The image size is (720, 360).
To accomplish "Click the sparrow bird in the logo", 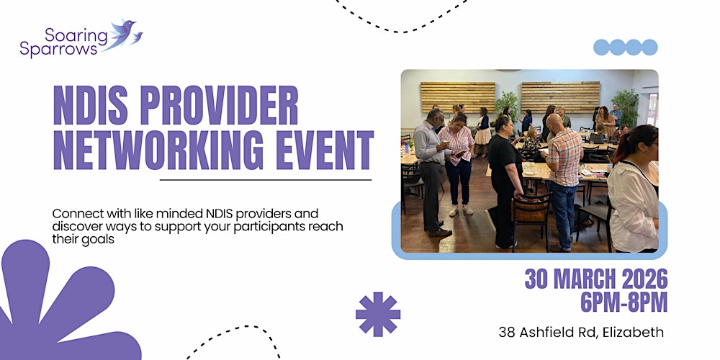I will coord(124,32).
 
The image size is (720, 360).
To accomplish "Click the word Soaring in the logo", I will coord(70,34).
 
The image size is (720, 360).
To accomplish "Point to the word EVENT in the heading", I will coord(322,150).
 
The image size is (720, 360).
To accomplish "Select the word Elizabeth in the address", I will coord(631,333).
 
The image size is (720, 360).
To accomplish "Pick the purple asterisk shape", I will coord(378,314).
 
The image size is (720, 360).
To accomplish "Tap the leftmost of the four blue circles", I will coord(602,48).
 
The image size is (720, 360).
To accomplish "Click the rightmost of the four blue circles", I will coord(649,48).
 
